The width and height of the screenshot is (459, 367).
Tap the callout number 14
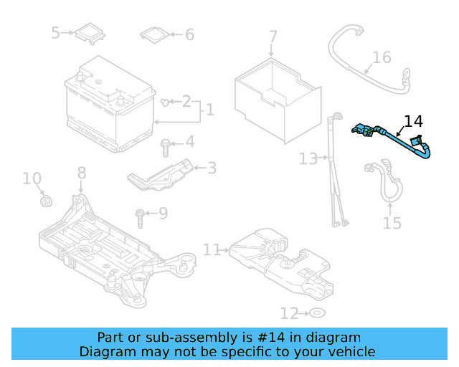[x=414, y=121]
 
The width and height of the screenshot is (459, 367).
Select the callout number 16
[x=382, y=57]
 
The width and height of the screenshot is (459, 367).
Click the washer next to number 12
[x=317, y=313]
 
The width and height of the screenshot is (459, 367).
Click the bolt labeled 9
[x=140, y=214]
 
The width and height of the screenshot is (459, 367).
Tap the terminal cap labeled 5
[x=89, y=33]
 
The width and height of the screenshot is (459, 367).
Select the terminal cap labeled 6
[x=155, y=34]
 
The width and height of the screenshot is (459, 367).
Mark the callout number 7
[x=273, y=37]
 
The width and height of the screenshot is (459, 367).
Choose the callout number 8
[x=81, y=173]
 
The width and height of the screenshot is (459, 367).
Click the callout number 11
[x=212, y=249]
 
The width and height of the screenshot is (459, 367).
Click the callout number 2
[x=186, y=101]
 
